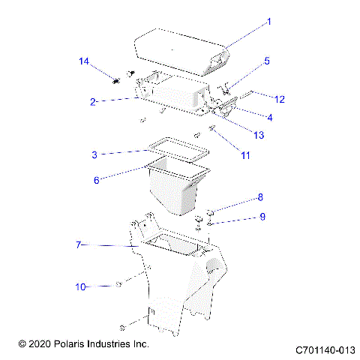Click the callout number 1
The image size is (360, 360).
271,22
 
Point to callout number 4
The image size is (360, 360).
269,117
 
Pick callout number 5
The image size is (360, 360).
266,61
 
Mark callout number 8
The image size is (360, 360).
260,198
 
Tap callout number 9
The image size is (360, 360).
262,217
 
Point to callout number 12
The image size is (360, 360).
280,99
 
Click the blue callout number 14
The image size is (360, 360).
84,60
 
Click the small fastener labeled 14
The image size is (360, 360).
117,79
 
